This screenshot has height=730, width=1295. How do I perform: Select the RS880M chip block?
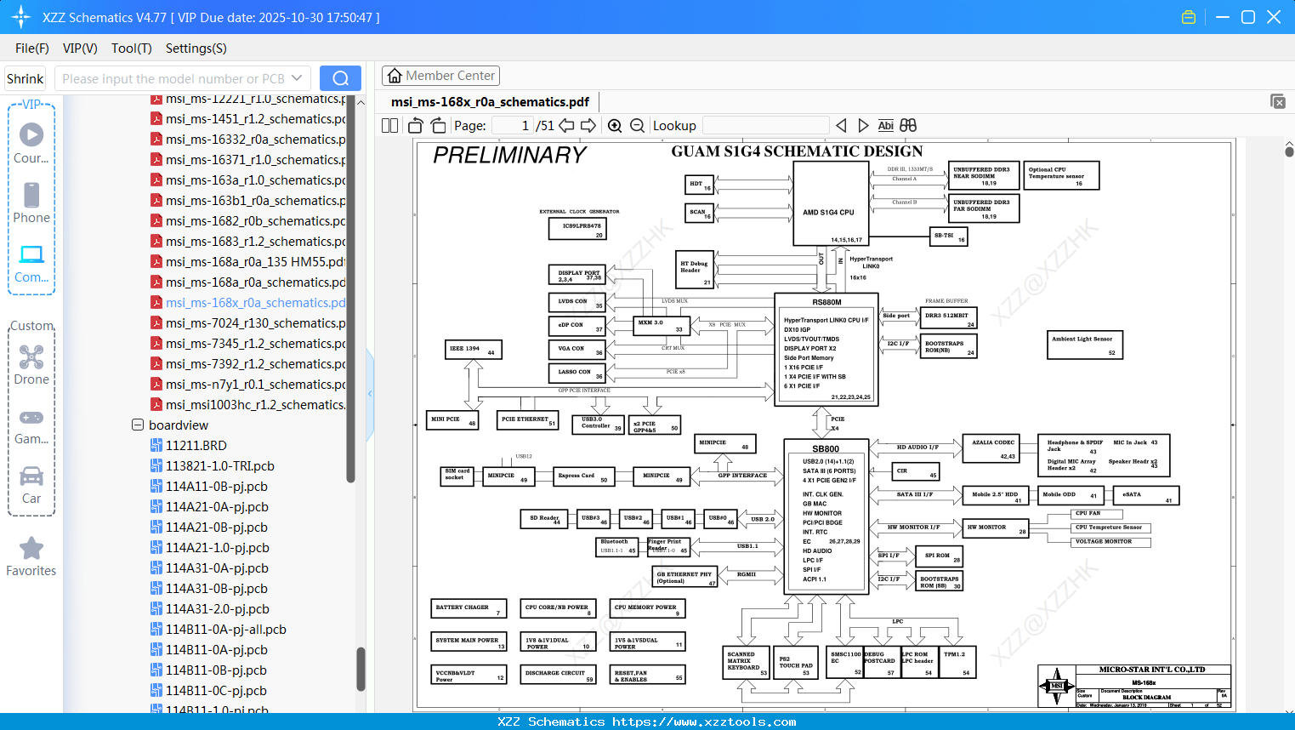(826, 350)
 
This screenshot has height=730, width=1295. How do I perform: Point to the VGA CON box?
(577, 349)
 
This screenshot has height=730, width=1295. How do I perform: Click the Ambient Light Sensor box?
(1086, 345)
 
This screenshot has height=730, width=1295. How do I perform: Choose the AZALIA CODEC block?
(994, 448)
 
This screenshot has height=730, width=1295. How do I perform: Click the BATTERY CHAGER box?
(469, 608)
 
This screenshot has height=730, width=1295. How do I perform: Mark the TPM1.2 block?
(957, 661)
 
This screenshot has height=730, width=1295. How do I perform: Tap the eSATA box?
(1149, 495)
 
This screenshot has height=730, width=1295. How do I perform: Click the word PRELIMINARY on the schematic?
(509, 155)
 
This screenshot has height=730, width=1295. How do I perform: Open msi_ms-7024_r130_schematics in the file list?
(255, 323)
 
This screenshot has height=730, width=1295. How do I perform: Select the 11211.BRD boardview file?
(196, 446)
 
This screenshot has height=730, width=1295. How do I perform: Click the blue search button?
(340, 78)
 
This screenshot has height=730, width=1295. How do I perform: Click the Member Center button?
(440, 76)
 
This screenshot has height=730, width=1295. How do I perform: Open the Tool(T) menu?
(131, 48)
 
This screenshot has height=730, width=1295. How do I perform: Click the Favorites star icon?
(31, 549)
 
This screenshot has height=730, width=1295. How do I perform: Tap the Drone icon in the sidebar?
(31, 357)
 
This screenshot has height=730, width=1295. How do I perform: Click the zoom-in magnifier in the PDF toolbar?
(615, 126)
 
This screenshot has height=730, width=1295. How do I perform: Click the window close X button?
(1274, 17)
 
